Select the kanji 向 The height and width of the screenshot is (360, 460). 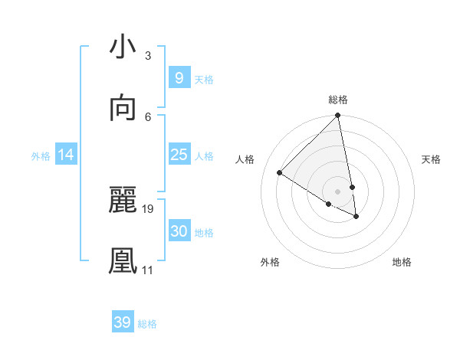[x=123, y=108]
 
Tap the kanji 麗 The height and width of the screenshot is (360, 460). [x=123, y=201]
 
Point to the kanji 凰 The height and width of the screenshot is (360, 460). [x=123, y=261]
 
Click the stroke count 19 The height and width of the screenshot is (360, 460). [x=148, y=208]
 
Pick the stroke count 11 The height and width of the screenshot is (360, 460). [x=147, y=270]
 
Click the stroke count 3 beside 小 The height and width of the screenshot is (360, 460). [x=147, y=56]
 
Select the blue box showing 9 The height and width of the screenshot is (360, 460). [x=179, y=77]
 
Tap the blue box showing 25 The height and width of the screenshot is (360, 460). [x=179, y=155]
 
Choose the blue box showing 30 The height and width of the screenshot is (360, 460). [x=179, y=231]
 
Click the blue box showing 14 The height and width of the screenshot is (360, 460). [x=66, y=155]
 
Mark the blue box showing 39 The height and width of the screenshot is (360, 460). [x=122, y=322]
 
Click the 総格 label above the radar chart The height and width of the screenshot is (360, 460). [x=338, y=100]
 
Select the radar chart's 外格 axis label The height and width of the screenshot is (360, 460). [x=270, y=262]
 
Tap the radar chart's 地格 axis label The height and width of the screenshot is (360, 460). [x=402, y=262]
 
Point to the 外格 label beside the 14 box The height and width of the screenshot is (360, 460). [x=41, y=156]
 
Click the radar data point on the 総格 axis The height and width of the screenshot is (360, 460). [x=337, y=116]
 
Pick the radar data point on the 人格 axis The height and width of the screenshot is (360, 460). [x=280, y=173]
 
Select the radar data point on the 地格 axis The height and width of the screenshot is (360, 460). [x=356, y=217]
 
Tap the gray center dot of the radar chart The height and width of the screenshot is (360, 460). [x=337, y=191]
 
